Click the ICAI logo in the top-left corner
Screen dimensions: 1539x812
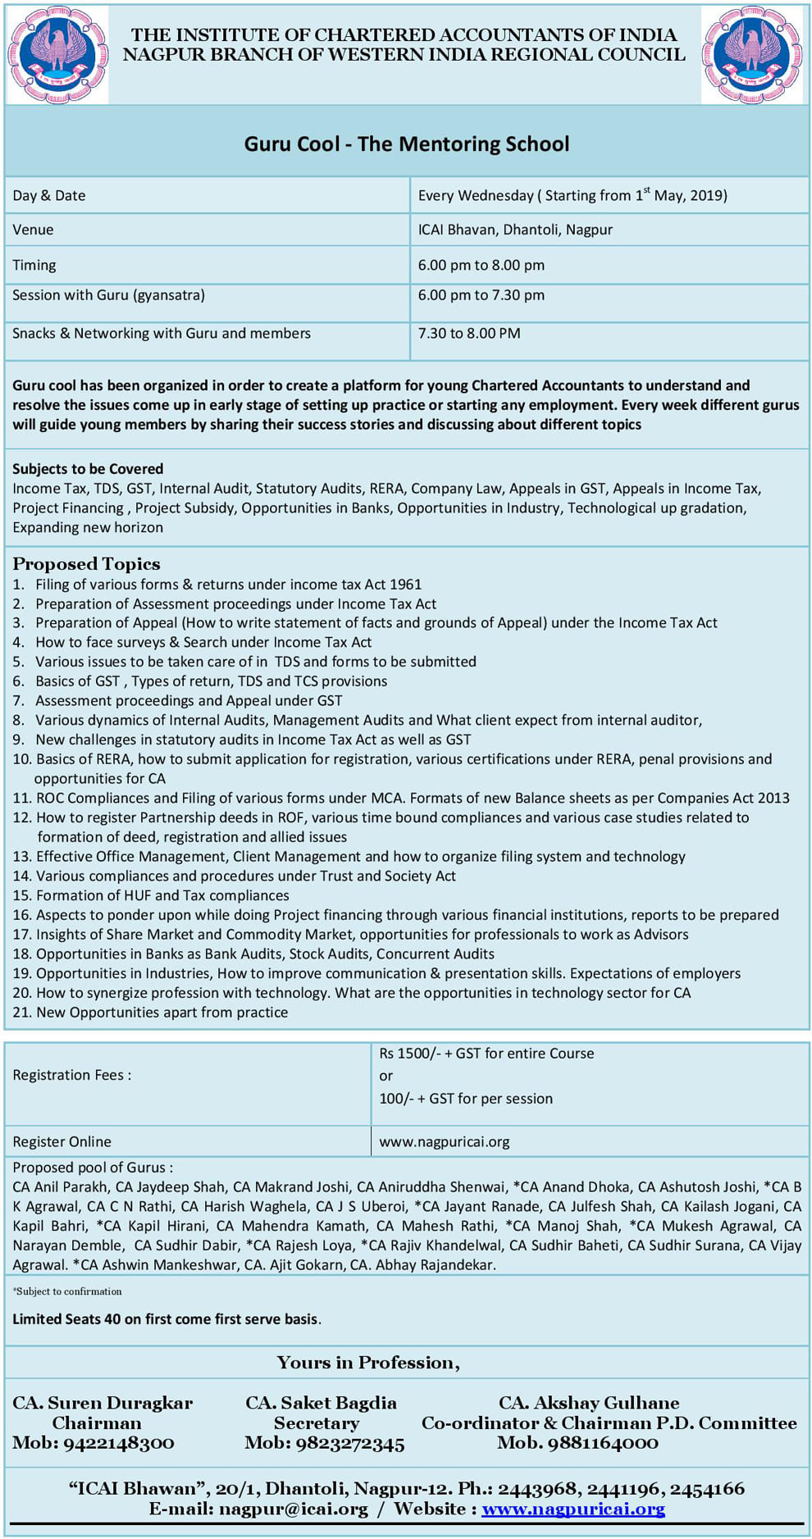coord(57,55)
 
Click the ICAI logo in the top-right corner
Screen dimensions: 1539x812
coord(752,55)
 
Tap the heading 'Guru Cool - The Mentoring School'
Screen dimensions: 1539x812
coord(407,144)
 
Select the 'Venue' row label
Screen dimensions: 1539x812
coord(33,230)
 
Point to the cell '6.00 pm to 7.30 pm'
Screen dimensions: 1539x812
coord(481,295)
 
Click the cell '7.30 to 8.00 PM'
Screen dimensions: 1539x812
coord(469,334)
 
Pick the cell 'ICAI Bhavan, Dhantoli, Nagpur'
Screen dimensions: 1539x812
coord(515,230)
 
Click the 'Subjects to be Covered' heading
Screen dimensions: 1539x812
coord(88,469)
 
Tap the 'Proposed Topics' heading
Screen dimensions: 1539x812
coord(86,564)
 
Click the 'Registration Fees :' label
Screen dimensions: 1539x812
coord(72,1075)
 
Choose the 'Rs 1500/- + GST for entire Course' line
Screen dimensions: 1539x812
coord(486,1054)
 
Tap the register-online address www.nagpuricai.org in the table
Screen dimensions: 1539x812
coord(445,1141)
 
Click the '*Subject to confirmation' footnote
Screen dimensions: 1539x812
coord(67,1291)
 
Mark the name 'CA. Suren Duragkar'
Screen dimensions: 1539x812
coord(103,1403)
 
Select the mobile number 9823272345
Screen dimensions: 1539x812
coord(324,1443)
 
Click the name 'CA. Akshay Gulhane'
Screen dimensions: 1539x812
coord(589,1403)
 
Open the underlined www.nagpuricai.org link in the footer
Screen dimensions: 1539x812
coord(573,1509)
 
